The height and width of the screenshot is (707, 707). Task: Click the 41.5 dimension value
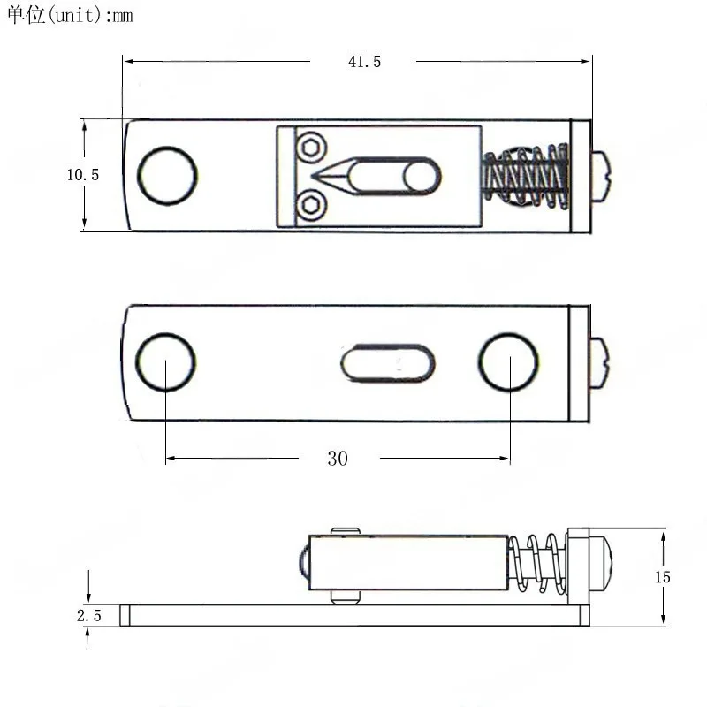pyautogui.click(x=364, y=62)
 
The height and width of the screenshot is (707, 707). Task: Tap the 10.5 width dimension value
pyautogui.click(x=83, y=175)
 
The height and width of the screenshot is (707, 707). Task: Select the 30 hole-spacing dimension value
pyautogui.click(x=338, y=459)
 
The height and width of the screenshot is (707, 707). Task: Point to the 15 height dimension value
pyautogui.click(x=663, y=577)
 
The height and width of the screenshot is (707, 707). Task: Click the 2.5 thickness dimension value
pyautogui.click(x=89, y=615)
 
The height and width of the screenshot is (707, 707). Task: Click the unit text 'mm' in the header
pyautogui.click(x=123, y=16)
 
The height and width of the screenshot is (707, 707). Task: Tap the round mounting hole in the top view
pyautogui.click(x=167, y=176)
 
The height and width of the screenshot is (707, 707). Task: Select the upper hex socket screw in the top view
pyautogui.click(x=311, y=148)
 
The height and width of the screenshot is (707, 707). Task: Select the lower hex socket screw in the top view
pyautogui.click(x=311, y=205)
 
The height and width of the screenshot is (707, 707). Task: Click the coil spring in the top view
pyautogui.click(x=525, y=176)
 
